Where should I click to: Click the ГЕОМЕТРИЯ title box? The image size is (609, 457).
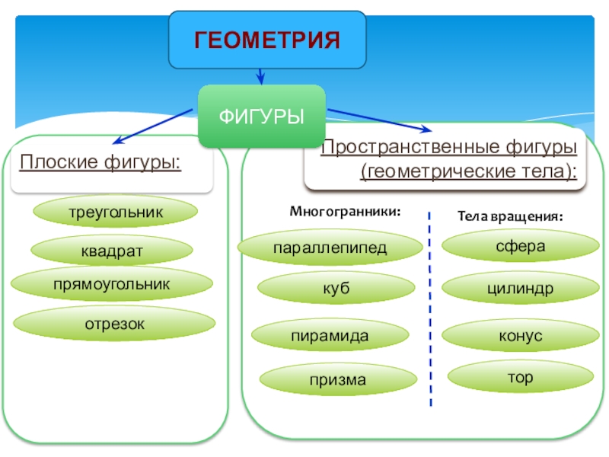coord(267,40)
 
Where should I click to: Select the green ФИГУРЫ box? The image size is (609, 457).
coord(262,117)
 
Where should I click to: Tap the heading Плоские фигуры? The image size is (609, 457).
coord(100,162)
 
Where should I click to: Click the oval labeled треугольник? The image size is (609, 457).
coord(116,212)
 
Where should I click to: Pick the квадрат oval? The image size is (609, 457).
coord(112,251)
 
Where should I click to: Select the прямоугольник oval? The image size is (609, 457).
coord(112,283)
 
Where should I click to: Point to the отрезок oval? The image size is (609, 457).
coord(114,323)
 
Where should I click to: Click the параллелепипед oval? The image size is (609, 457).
coord(330,248)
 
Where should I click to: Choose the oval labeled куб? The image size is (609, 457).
coord(336,288)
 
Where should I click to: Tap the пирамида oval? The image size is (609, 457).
coord(330,335)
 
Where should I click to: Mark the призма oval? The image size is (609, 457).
coord(338,379)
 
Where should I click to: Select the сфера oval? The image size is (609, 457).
coord(521,245)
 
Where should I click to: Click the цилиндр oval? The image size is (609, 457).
coord(521,288)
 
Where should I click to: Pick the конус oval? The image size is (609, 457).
coord(521,335)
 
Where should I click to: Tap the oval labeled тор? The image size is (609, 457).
coord(521,376)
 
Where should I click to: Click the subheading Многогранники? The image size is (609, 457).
coord(345,212)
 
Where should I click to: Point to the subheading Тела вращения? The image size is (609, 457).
coord(510,216)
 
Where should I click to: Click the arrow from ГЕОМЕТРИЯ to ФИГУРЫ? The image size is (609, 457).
coord(260,77)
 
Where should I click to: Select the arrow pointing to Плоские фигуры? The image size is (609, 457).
coord(152,126)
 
